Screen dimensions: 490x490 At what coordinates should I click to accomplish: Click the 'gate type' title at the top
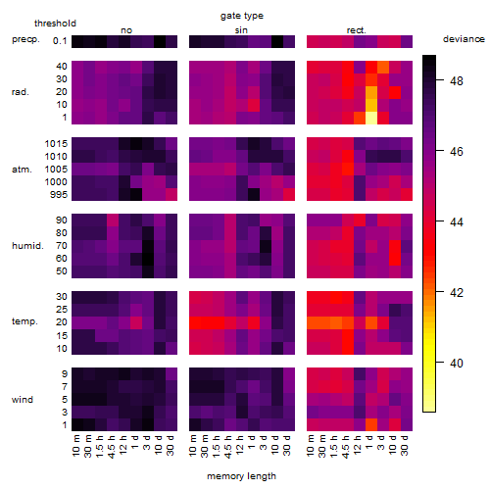pyautogui.click(x=242, y=16)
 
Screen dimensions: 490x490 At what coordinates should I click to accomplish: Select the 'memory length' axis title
pyautogui.click(x=241, y=476)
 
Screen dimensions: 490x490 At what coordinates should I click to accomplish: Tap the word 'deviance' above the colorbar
pyautogui.click(x=464, y=39)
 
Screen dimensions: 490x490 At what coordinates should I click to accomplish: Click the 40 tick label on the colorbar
pyautogui.click(x=457, y=363)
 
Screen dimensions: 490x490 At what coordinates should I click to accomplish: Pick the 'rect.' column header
pyautogui.click(x=356, y=30)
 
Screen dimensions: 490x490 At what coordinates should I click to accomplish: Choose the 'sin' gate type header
pyautogui.click(x=241, y=30)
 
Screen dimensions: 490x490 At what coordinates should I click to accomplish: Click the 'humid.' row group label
pyautogui.click(x=27, y=246)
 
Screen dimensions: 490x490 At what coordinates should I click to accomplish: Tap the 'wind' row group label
pyautogui.click(x=23, y=400)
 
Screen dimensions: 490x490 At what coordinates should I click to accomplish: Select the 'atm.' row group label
pyautogui.click(x=22, y=170)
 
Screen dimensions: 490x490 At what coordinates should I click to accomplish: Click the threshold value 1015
pyautogui.click(x=56, y=144)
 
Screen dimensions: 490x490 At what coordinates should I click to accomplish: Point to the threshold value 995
pyautogui.click(x=59, y=195)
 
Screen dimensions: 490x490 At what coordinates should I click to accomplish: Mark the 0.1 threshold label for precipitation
pyautogui.click(x=60, y=41)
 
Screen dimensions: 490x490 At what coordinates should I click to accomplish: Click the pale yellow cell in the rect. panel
pyautogui.click(x=371, y=118)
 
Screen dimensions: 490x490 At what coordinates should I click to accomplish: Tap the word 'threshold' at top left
pyautogui.click(x=55, y=24)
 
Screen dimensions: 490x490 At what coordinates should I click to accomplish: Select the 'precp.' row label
pyautogui.click(x=25, y=40)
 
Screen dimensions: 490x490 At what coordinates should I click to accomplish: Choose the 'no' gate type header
pyautogui.click(x=126, y=30)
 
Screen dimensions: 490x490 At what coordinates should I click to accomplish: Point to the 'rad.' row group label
pyautogui.click(x=21, y=92)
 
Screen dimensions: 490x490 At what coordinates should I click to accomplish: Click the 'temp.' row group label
pyautogui.click(x=24, y=321)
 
